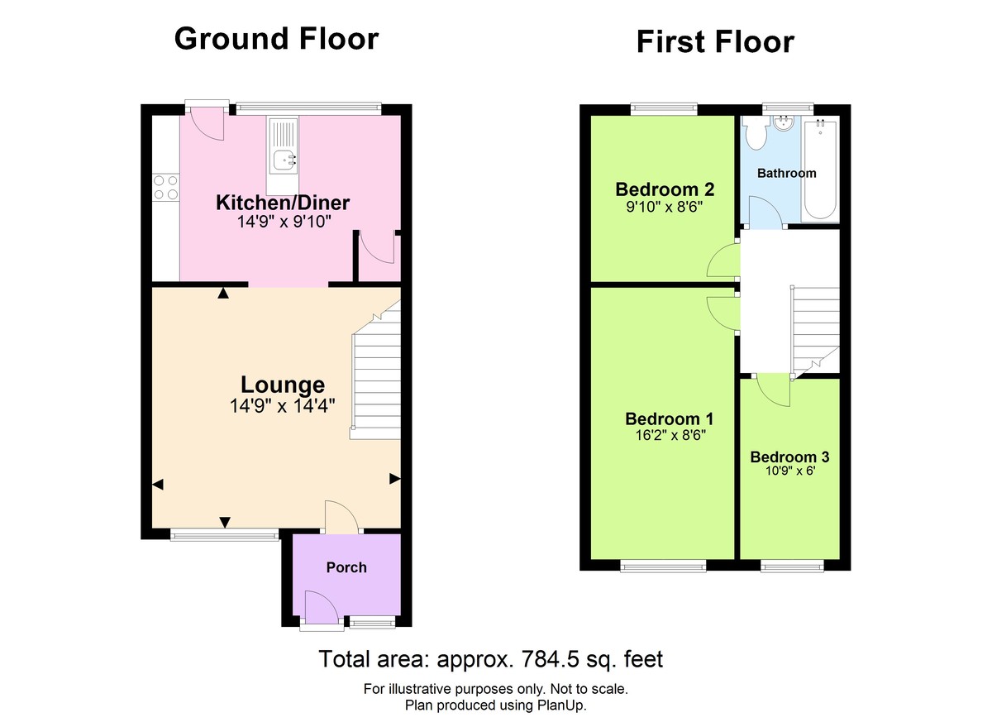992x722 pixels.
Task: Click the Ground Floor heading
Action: [x=276, y=39]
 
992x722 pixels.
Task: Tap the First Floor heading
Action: [x=714, y=41]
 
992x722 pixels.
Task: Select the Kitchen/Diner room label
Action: [x=283, y=203]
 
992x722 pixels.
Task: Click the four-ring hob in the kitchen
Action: [x=165, y=188]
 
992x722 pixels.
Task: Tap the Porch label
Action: [x=346, y=567]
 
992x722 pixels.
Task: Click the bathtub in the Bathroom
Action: [x=821, y=170]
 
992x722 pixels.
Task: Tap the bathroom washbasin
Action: [x=782, y=123]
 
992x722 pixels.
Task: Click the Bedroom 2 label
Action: [x=665, y=190]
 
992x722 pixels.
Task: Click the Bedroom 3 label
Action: [x=789, y=457]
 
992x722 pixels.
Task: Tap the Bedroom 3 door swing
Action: [x=773, y=390]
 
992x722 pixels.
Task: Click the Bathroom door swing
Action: [x=765, y=211]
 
